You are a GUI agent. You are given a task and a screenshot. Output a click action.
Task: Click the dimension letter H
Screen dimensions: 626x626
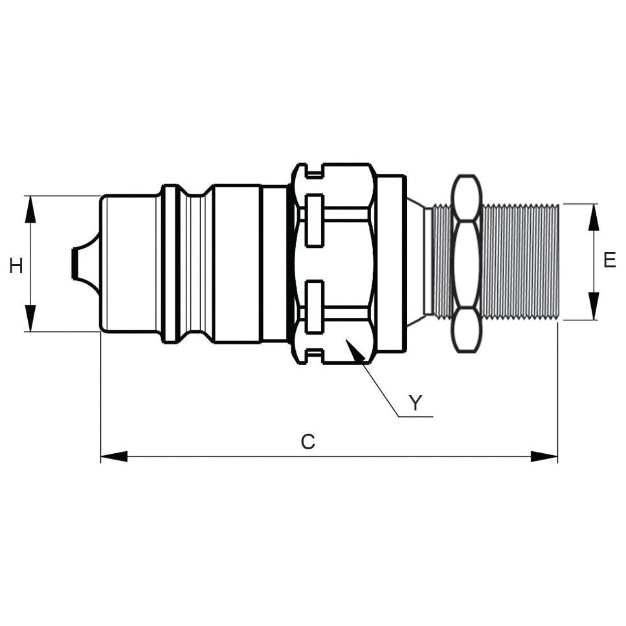[16, 265]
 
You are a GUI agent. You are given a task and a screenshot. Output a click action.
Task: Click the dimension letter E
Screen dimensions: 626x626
[609, 260]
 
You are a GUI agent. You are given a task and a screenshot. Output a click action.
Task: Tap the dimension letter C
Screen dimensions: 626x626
[308, 442]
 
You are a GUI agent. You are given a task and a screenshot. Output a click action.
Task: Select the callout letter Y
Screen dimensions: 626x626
[416, 403]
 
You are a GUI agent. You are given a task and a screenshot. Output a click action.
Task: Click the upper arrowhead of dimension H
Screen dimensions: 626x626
[30, 208]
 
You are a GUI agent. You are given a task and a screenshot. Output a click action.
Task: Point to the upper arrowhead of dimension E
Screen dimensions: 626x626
[594, 218]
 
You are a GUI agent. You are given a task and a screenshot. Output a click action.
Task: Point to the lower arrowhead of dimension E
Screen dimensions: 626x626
[594, 306]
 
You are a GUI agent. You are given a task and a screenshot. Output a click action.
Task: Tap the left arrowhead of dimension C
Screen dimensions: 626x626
[114, 456]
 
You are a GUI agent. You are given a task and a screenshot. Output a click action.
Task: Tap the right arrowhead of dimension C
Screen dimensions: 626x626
[544, 456]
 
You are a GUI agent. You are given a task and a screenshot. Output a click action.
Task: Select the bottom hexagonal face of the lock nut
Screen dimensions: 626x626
[467, 330]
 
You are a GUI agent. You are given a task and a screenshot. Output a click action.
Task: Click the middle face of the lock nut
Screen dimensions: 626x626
[467, 263]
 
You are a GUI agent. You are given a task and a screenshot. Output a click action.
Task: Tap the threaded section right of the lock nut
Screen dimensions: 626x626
[520, 262]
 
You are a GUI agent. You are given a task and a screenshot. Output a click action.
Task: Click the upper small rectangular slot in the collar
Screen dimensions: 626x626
[315, 220]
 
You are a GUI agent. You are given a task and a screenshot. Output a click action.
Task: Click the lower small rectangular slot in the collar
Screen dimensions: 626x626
[315, 307]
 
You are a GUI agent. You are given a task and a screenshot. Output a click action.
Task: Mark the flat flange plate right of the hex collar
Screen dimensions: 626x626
[391, 263]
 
